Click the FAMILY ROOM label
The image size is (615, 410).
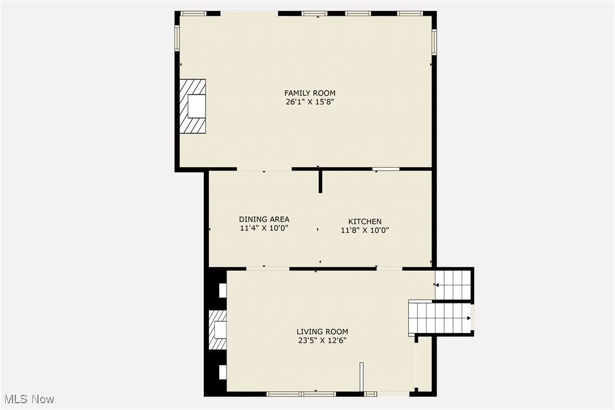click(309, 93)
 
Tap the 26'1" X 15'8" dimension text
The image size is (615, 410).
click(309, 103)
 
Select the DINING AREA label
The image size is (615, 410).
click(264, 220)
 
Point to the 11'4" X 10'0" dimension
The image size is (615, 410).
click(264, 229)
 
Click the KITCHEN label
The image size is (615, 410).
click(365, 221)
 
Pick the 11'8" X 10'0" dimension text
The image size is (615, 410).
click(365, 230)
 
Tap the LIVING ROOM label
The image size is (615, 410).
click(322, 332)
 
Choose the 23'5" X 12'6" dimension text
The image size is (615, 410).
click(322, 341)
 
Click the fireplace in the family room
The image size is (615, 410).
click(193, 106)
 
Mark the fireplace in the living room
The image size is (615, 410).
click(217, 330)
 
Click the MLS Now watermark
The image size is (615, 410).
click(27, 399)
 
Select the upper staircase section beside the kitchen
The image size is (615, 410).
click(453, 284)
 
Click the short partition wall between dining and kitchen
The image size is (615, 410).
click(320, 181)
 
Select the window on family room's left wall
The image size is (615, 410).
click(177, 37)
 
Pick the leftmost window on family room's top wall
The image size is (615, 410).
click(193, 14)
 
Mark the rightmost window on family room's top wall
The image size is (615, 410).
click(410, 14)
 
